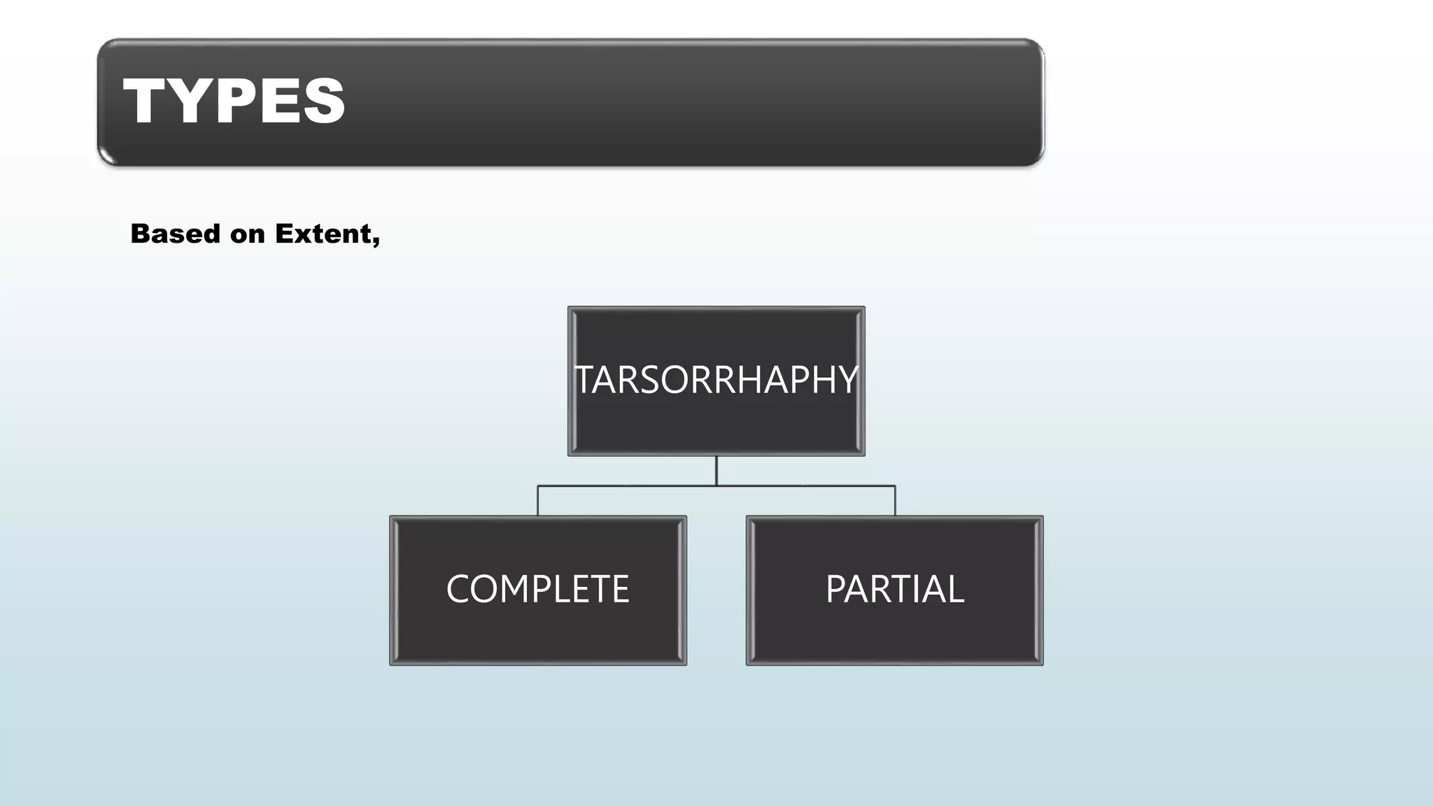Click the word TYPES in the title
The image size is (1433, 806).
(234, 101)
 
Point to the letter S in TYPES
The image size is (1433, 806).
(324, 101)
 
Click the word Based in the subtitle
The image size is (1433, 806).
(175, 234)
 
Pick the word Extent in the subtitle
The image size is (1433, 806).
(322, 234)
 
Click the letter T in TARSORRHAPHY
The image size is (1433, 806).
(585, 381)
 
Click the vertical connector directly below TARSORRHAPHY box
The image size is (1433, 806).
(716, 470)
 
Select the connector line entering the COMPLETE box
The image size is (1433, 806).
(537, 501)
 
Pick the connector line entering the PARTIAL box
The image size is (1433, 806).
(895, 501)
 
